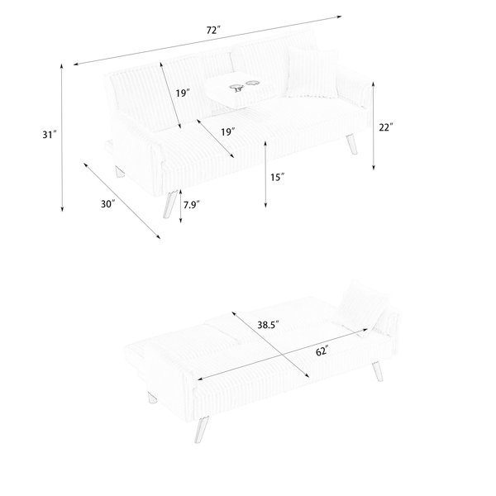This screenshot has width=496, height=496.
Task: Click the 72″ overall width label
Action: pyautogui.click(x=213, y=30)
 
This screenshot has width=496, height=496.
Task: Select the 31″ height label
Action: pyautogui.click(x=50, y=135)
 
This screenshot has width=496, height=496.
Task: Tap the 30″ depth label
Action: pyautogui.click(x=107, y=204)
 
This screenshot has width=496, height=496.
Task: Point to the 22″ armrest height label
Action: pyautogui.click(x=386, y=127)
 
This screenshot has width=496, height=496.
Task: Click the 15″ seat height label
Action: pyautogui.click(x=277, y=177)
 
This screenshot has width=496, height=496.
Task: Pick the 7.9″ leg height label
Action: pyautogui.click(x=192, y=205)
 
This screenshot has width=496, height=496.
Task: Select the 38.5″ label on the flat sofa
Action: pyautogui.click(x=268, y=325)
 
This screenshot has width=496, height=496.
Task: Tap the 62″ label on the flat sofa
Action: pyautogui.click(x=322, y=351)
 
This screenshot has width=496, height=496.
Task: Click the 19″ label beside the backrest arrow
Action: pyautogui.click(x=183, y=93)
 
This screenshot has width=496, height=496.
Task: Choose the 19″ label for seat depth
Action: pyautogui.click(x=228, y=131)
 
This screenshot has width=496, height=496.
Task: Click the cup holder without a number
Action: pyautogui.click(x=252, y=83)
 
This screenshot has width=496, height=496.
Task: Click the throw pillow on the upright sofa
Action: pyautogui.click(x=312, y=73)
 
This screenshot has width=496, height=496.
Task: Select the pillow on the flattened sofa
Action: pyautogui.click(x=360, y=306)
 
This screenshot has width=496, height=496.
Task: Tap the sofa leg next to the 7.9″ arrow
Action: pyautogui.click(x=169, y=204)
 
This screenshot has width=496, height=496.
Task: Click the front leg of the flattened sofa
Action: pyautogui.click(x=203, y=429)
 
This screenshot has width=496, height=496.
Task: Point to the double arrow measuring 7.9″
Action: pyautogui.click(x=180, y=206)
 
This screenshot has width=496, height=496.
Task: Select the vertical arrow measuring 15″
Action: pyautogui.click(x=265, y=174)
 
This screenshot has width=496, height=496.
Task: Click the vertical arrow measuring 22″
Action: pyautogui.click(x=374, y=126)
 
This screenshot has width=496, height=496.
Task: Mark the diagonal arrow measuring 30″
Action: pyautogui.click(x=122, y=201)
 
